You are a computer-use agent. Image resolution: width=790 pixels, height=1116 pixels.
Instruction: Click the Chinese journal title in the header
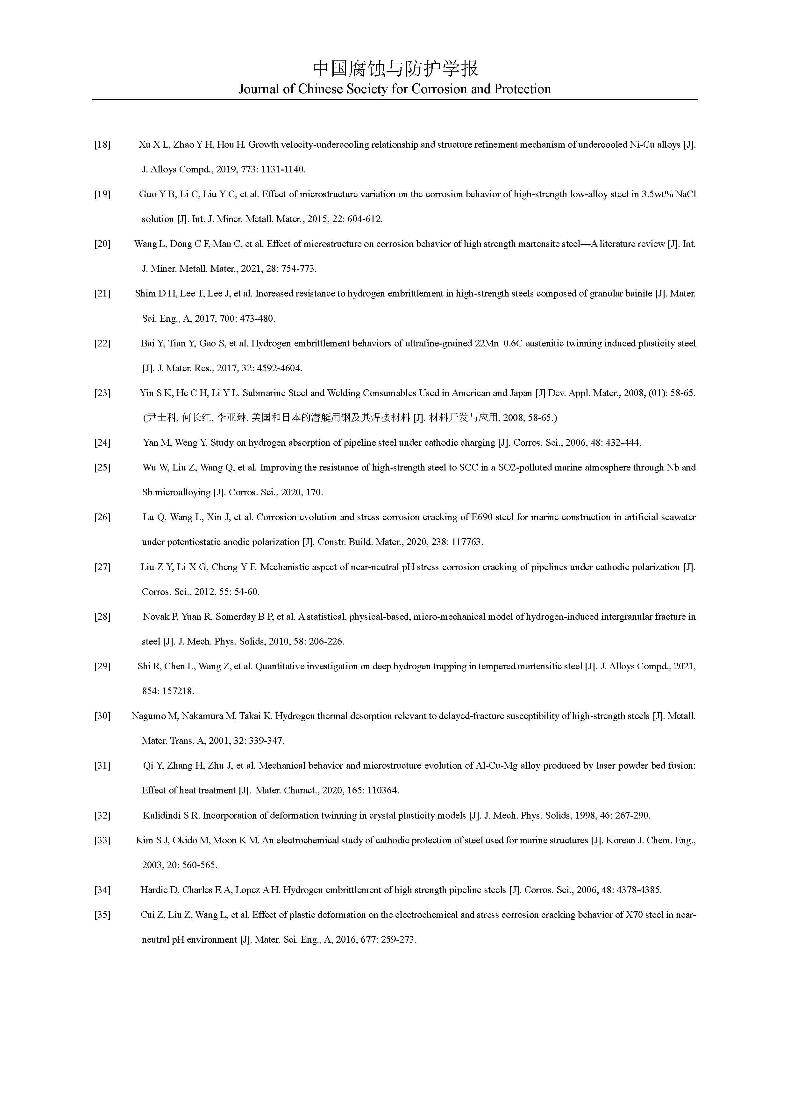(x=395, y=68)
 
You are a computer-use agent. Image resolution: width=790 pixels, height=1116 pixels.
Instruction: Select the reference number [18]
(x=102, y=145)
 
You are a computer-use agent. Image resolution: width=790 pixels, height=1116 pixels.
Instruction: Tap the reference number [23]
(x=102, y=393)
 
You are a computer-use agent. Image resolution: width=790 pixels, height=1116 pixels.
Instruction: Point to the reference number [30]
(x=102, y=716)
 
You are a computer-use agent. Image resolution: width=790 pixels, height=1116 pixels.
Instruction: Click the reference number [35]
(x=102, y=915)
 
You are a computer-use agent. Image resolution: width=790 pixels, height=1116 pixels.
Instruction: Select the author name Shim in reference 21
(x=145, y=294)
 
